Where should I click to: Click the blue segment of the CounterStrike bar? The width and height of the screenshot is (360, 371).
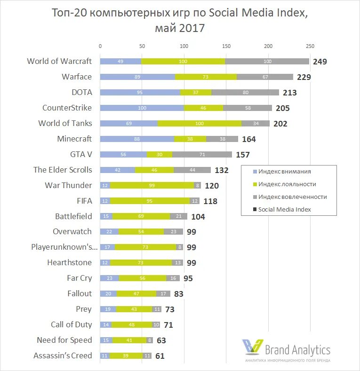[142, 108]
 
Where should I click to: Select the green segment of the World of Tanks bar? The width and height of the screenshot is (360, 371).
[200, 123]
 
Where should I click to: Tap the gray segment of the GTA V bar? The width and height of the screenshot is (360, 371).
[202, 154]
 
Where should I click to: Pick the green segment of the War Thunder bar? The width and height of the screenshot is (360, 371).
[152, 185]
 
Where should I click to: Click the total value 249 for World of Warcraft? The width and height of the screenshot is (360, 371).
[319, 62]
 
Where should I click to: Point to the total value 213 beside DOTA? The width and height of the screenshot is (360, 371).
[289, 93]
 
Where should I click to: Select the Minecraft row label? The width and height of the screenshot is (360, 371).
[74, 139]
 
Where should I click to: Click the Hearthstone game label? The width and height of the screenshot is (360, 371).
[69, 262]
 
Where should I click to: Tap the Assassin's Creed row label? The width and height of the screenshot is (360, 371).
[63, 355]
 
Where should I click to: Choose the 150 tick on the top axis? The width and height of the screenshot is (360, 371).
[226, 46]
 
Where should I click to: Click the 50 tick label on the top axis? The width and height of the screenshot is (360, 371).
[142, 46]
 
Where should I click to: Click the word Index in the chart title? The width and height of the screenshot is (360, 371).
[289, 13]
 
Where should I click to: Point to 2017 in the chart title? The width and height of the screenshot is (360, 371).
[192, 28]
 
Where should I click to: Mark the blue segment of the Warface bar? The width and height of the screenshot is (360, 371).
[137, 77]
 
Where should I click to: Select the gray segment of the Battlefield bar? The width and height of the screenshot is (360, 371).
[179, 216]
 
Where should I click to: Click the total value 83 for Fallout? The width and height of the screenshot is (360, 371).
[178, 294]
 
